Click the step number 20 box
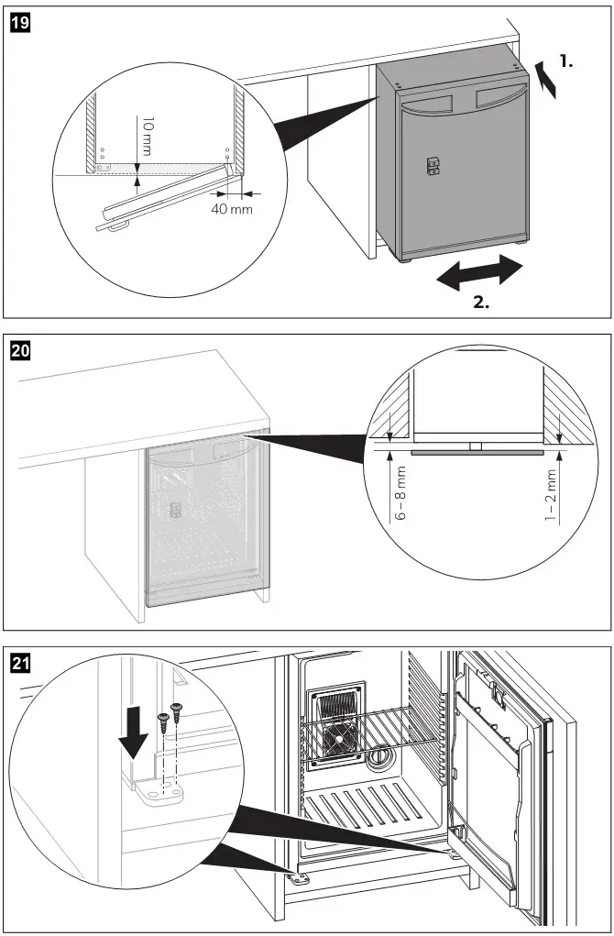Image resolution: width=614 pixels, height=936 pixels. coord(19,348)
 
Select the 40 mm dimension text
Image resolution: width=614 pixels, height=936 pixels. coord(230,210)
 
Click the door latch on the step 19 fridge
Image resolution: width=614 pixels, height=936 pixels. coord(431,165)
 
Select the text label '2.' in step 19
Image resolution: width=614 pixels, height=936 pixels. coord(480,303)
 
